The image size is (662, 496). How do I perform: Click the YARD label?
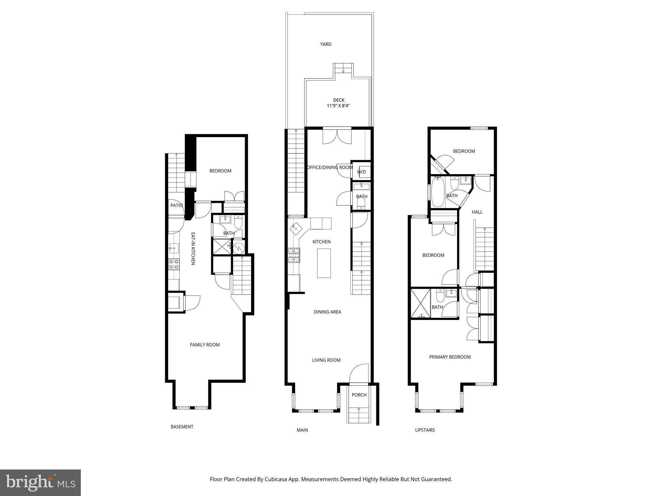pyautogui.click(x=326, y=44)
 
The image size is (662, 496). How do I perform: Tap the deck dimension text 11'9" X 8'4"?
pyautogui.click(x=338, y=106)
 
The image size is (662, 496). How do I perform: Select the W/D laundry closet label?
pyautogui.click(x=361, y=172)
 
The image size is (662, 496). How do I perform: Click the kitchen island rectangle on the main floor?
pyautogui.click(x=324, y=263)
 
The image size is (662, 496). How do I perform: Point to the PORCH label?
pyautogui.click(x=359, y=395)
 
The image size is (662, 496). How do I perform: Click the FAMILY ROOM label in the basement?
pyautogui.click(x=205, y=345)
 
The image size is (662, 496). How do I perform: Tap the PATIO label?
pyautogui.click(x=176, y=205)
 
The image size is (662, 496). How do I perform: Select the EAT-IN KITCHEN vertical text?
pyautogui.click(x=193, y=249)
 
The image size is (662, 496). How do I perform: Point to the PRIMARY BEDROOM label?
pyautogui.click(x=450, y=357)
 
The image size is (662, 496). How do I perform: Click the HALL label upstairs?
pyautogui.click(x=477, y=212)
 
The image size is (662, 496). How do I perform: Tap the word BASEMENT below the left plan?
pyautogui.click(x=182, y=427)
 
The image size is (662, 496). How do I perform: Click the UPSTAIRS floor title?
pyautogui.click(x=425, y=430)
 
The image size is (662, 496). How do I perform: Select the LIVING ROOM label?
pyautogui.click(x=326, y=360)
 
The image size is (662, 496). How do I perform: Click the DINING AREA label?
pyautogui.click(x=327, y=312)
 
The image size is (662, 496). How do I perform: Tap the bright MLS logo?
pyautogui.click(x=40, y=482)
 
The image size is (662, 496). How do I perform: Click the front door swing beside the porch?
pyautogui.click(x=359, y=374)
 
